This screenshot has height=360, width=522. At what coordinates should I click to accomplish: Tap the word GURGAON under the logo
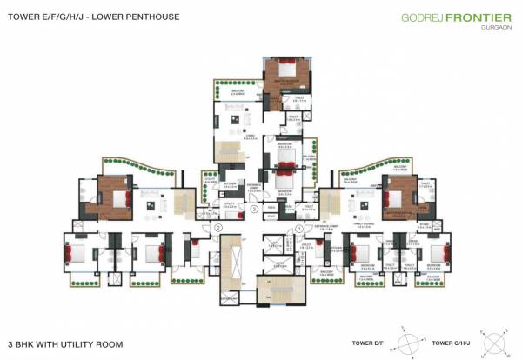pyautogui.click(x=491, y=27)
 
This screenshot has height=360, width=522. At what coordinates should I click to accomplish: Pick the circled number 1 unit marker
pyautogui.click(x=299, y=228)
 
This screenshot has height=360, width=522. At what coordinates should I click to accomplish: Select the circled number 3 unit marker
pyautogui.click(x=254, y=209)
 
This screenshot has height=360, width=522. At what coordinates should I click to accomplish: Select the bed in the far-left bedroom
pyautogui.click(x=73, y=255)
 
